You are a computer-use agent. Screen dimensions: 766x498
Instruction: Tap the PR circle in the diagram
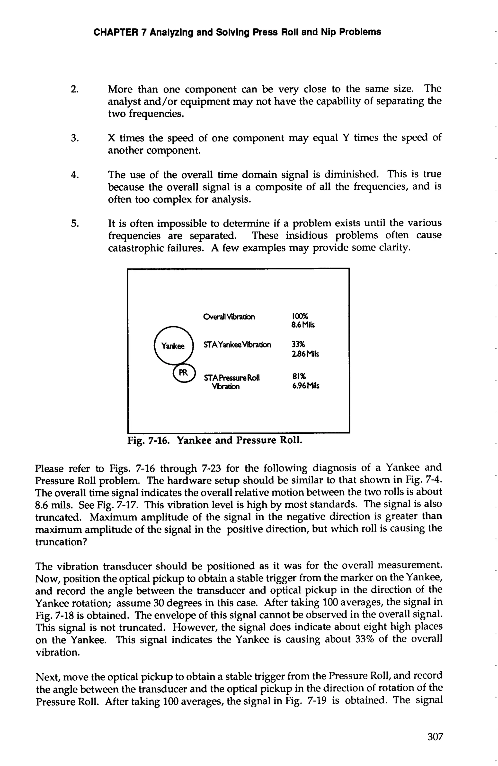tap(184, 373)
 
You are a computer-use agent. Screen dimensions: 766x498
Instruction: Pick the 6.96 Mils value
tap(305, 386)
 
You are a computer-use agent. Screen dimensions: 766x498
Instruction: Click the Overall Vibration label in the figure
tap(229, 317)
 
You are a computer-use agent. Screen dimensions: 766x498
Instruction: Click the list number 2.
tap(75, 89)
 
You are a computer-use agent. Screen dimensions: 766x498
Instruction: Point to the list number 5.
tap(75, 223)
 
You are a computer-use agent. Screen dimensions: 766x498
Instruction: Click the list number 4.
tap(75, 175)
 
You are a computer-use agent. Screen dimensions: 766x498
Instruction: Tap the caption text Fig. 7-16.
tap(148, 440)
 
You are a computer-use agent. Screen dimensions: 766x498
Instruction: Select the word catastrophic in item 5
tap(137, 248)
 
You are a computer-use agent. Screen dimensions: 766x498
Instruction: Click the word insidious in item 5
tap(307, 236)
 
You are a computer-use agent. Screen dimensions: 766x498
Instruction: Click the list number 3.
tap(75, 138)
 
